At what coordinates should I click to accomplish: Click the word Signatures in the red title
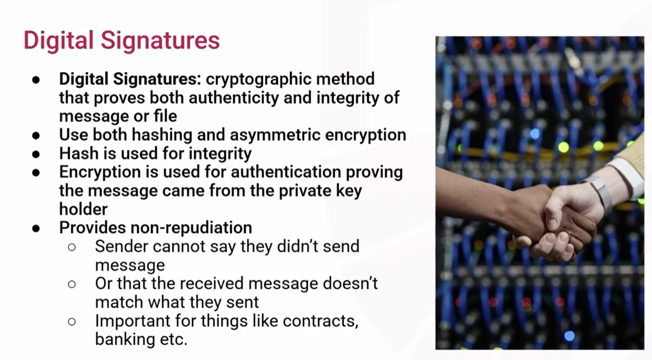pyautogui.click(x=160, y=41)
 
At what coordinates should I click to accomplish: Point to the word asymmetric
pyautogui.click(x=275, y=135)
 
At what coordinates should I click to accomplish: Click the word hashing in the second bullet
pyautogui.click(x=162, y=135)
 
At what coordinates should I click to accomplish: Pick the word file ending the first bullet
pyautogui.click(x=165, y=116)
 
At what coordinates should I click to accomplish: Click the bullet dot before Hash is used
pyautogui.click(x=36, y=154)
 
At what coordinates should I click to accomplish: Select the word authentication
pyautogui.click(x=286, y=172)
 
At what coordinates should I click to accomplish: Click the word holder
pyautogui.click(x=84, y=209)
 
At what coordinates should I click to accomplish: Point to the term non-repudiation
pyautogui.click(x=191, y=228)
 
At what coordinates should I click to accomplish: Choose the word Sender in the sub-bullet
pyautogui.click(x=122, y=246)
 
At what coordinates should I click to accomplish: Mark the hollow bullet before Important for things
pyautogui.click(x=72, y=321)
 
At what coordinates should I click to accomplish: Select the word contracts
pyautogui.click(x=321, y=321)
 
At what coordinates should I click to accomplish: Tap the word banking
pyautogui.click(x=125, y=340)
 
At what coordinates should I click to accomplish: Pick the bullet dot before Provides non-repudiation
pyautogui.click(x=36, y=229)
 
